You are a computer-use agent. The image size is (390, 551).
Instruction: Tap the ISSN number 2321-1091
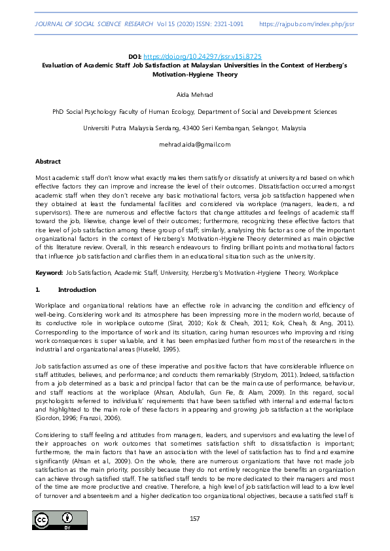(x=227, y=24)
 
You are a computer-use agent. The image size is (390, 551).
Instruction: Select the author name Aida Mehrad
(x=195, y=95)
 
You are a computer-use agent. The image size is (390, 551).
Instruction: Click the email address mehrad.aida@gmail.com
(x=195, y=144)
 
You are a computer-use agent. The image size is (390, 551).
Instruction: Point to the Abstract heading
(x=48, y=161)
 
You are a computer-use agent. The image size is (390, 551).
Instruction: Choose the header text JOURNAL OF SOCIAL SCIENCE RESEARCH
(x=92, y=24)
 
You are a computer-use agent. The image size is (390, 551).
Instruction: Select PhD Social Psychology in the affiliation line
(x=84, y=112)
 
